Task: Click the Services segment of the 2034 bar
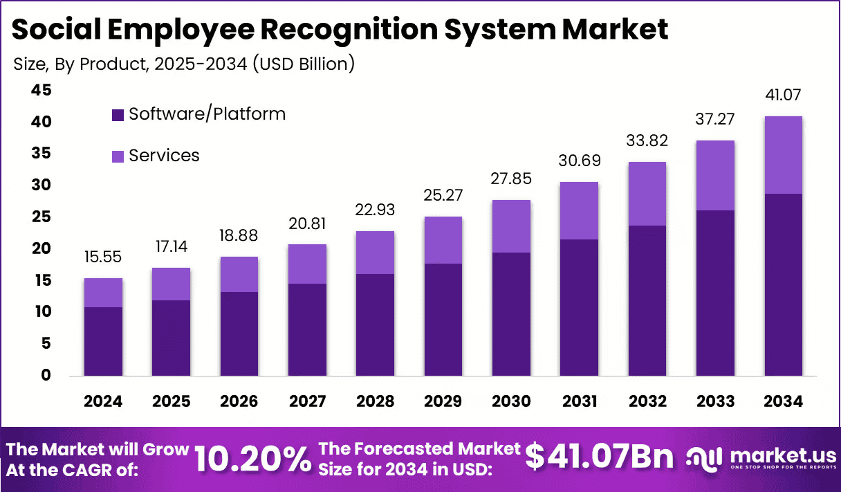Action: point(784,155)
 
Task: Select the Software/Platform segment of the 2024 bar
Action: point(103,341)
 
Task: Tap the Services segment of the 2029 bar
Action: point(443,240)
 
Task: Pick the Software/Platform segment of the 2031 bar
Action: point(579,307)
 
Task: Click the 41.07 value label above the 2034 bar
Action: point(784,95)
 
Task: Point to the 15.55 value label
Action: point(103,257)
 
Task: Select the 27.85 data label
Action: point(511,179)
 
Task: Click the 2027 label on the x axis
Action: point(307,402)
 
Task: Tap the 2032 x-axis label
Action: point(647,402)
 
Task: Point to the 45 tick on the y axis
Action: point(41,91)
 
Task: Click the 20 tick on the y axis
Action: point(41,248)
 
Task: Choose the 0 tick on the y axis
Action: point(46,375)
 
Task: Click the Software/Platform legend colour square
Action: point(118,114)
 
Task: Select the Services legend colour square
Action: point(118,156)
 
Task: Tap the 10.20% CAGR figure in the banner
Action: point(252,458)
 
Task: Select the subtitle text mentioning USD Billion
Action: point(184,64)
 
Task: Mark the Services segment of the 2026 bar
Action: point(239,274)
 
